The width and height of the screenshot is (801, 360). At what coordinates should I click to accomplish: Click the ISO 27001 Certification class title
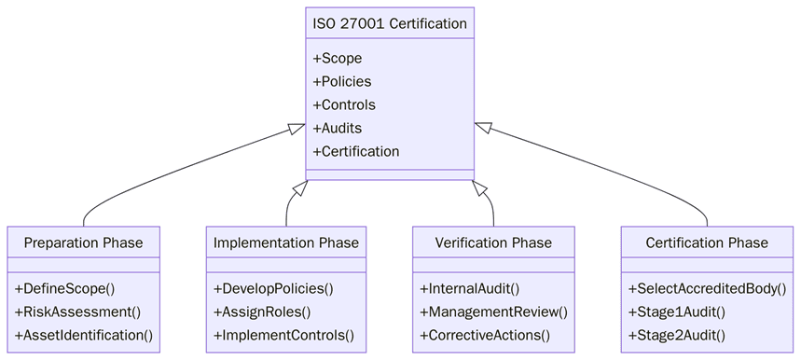390,23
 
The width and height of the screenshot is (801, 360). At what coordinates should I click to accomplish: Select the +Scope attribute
337,58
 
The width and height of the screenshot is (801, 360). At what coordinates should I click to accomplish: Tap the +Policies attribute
341,81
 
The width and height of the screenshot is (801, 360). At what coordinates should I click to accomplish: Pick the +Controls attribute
343,104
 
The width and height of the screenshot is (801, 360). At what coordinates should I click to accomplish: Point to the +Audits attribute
337,128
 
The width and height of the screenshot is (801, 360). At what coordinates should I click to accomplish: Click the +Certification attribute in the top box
355,151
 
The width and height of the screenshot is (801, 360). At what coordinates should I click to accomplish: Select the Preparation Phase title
83,242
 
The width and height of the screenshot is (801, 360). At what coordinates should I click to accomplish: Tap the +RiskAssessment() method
77,312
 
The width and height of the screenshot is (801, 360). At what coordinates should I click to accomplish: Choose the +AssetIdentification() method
83,335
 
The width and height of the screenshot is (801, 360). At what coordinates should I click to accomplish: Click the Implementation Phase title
285,242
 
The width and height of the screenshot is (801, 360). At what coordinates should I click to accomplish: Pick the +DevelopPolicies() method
273,288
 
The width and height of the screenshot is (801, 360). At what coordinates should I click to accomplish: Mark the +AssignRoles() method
262,312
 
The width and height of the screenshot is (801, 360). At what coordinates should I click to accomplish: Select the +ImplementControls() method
283,335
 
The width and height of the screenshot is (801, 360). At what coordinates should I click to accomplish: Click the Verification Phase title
493,242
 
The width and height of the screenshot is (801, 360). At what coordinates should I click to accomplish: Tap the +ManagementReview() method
493,312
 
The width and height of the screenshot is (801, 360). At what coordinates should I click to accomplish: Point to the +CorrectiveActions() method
485,335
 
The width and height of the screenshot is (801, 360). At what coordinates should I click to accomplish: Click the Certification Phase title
707,242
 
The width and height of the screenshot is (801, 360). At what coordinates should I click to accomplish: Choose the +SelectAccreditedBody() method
707,288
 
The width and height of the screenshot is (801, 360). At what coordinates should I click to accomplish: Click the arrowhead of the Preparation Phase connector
297,129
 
